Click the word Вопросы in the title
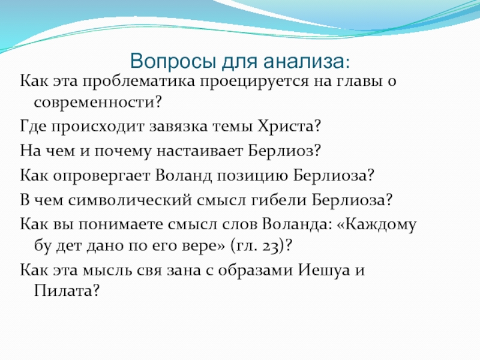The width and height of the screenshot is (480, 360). click(173, 61)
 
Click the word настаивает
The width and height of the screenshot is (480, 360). click(200, 151)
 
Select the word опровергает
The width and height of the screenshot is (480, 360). click(101, 176)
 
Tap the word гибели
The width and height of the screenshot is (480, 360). click(279, 200)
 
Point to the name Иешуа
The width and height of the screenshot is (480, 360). click(324, 270)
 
